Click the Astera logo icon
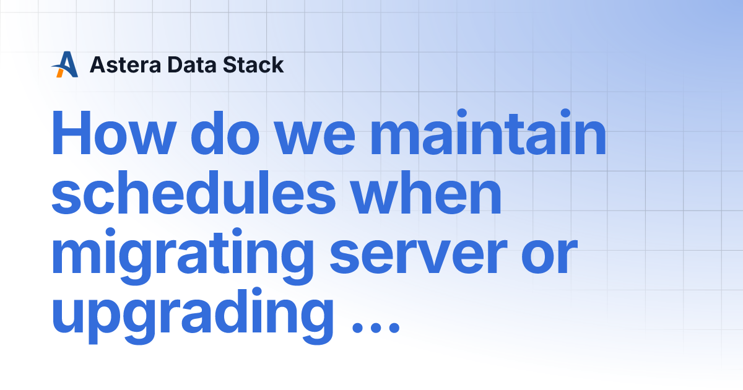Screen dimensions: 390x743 point(65,64)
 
